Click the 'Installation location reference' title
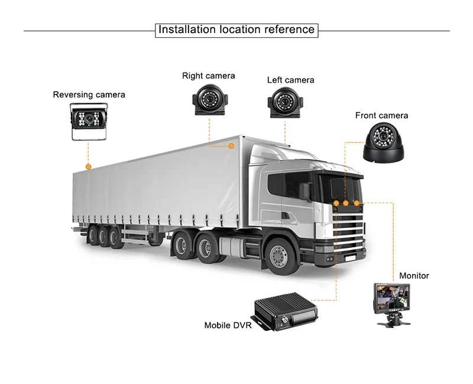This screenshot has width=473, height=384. click(x=237, y=30)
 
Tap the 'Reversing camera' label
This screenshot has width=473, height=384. click(x=89, y=95)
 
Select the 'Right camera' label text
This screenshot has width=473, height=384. click(x=208, y=76)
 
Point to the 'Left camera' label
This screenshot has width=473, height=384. click(x=290, y=80)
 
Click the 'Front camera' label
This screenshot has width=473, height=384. click(x=381, y=115)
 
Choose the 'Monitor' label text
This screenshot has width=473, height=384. click(x=414, y=276)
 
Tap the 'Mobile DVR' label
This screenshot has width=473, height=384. click(x=228, y=325)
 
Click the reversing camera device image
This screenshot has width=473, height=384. click(x=89, y=122)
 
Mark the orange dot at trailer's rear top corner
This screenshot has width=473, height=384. click(x=88, y=167)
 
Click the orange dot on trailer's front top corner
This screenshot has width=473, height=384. click(x=232, y=145)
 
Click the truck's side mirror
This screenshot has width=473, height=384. click(x=305, y=191)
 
